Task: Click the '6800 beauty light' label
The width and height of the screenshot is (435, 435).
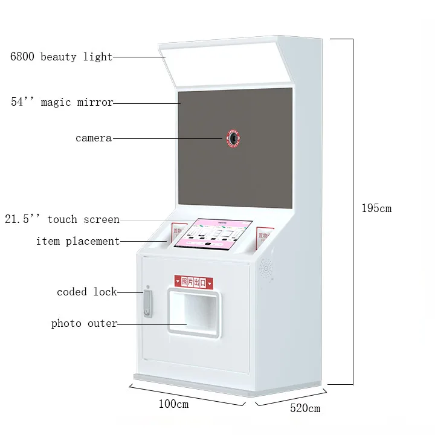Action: coord(61,57)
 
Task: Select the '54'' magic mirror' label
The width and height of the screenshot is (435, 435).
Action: coord(62,102)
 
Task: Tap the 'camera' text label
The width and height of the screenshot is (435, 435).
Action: coord(94,138)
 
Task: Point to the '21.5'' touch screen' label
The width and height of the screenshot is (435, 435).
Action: coord(62,219)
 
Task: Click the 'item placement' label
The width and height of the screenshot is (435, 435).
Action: coord(78,242)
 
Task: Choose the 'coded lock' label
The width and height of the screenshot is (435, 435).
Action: coord(86,292)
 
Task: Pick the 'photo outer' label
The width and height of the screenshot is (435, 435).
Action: coord(84,323)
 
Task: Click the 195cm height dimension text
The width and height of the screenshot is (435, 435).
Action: coord(376,208)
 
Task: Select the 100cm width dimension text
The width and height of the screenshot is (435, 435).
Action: coord(173,404)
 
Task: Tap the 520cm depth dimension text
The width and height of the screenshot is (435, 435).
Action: coord(305,408)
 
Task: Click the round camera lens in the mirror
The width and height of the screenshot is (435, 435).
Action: coord(232,139)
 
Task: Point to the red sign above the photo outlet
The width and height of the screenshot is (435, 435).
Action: coord(193,282)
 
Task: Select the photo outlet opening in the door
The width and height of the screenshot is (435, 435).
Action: coord(193,311)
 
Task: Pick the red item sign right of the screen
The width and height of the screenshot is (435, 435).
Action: coord(264,236)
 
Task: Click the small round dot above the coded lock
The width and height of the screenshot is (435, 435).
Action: coord(147,287)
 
